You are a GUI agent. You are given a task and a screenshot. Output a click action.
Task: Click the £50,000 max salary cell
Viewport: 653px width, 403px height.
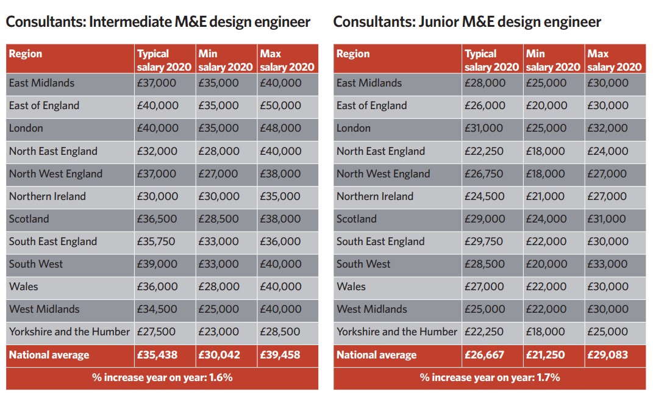(280, 105)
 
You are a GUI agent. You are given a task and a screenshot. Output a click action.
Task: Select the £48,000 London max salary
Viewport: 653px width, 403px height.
(280, 128)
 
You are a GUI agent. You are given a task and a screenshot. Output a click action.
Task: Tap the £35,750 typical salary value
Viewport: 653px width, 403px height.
(156, 241)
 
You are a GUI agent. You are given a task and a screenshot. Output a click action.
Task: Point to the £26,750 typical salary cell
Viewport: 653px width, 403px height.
(484, 174)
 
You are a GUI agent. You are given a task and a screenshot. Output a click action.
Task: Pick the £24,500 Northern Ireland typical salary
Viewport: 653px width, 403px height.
(484, 196)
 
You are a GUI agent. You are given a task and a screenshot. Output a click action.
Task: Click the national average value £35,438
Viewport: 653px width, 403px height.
(157, 355)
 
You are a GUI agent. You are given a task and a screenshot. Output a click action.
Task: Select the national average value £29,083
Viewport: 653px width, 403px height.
(608, 355)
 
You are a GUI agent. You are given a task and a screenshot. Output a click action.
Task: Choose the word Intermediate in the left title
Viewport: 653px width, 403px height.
(130, 22)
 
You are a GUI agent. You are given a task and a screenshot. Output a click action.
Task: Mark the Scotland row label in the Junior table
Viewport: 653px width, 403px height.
(357, 219)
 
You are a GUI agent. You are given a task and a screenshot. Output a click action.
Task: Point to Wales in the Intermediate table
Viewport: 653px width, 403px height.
(24, 287)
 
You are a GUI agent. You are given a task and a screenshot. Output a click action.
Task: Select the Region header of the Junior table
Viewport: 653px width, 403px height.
(353, 54)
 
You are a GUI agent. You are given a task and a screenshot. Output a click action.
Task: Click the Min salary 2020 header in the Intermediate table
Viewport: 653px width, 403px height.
(226, 60)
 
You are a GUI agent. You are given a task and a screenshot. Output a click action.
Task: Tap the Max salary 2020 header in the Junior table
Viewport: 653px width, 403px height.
(615, 60)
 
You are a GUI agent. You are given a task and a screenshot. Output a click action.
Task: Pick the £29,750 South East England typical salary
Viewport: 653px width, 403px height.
(484, 241)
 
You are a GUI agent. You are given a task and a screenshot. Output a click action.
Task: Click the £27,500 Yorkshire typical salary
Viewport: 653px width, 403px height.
(156, 332)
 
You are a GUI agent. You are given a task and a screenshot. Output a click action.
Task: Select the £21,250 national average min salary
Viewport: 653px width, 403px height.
(546, 355)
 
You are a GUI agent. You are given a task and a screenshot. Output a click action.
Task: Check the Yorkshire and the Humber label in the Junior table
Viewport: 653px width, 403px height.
(397, 332)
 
